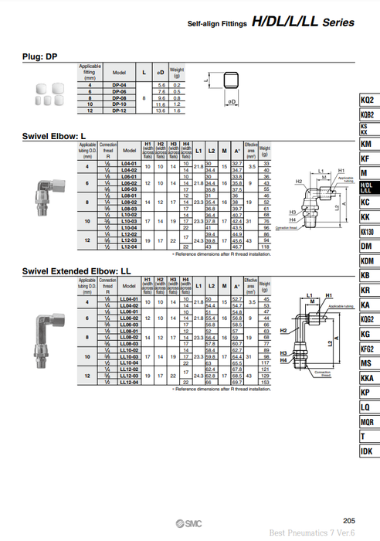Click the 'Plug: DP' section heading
pos(40,56)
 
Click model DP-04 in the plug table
pos(119,83)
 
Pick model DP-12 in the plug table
pos(119,111)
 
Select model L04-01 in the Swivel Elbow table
pos(129,165)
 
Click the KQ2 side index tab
pos(367,101)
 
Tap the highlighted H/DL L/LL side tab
pos(367,187)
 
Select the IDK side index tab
pos(367,451)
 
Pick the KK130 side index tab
pos(367,231)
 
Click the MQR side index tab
pos(367,422)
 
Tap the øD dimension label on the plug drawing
pos(232,101)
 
